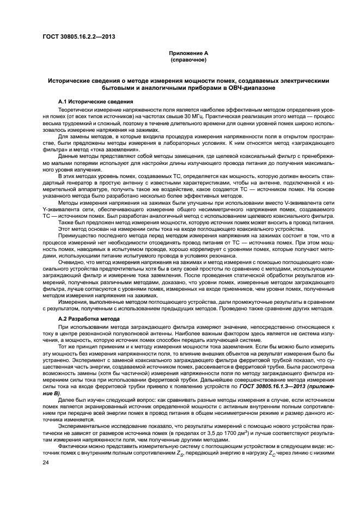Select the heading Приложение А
[x=180, y=53]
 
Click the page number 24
[x=46, y=462]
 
